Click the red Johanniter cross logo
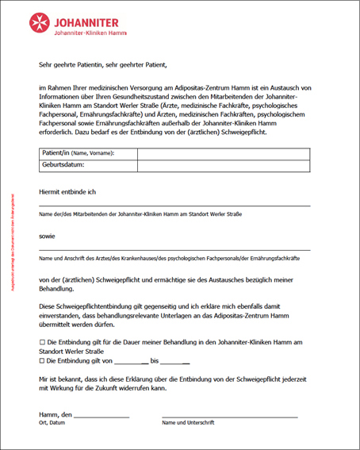coord(40,24)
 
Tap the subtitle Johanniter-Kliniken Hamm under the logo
coord(86,34)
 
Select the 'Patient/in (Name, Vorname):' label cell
coord(78,153)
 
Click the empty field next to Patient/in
coord(223,153)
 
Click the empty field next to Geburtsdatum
coord(223,165)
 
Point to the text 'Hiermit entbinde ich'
coord(67,191)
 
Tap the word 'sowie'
coord(48,237)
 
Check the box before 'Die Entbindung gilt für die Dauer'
coord(42,340)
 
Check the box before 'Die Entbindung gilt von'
coord(42,360)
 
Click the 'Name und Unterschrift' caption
coord(188,423)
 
